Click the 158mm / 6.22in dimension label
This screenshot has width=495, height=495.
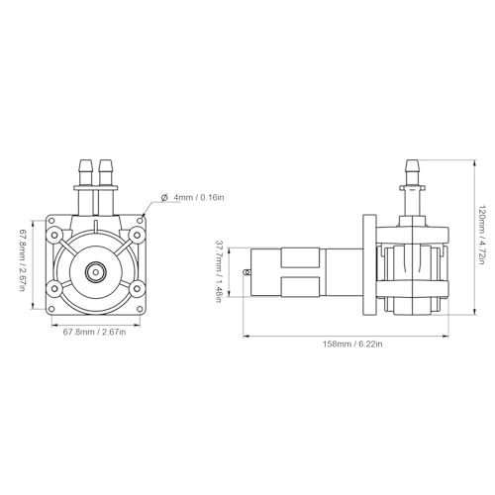pos(352,344)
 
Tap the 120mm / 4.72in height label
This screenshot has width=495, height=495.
pos(481,236)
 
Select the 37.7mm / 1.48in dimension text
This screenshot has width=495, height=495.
pos(219,271)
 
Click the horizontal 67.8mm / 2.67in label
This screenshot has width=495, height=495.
pos(94,332)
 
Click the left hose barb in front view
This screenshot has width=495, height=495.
pos(85,172)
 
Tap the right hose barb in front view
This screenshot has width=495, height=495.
pos(106,172)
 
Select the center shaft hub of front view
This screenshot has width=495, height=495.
pos(96,272)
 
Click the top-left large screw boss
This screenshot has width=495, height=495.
pos(54,235)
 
